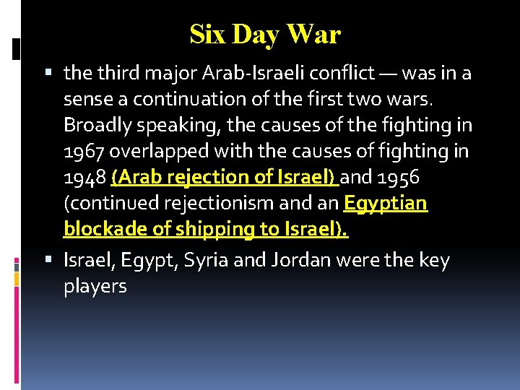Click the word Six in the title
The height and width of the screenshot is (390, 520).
coord(207,34)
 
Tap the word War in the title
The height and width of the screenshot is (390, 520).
coord(313,34)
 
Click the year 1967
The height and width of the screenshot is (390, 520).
coord(84,151)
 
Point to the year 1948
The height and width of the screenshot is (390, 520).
coord(84,177)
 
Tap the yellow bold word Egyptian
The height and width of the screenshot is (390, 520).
coord(386,203)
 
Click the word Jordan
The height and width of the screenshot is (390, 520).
coord(297,260)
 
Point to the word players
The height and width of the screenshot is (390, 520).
coord(95,286)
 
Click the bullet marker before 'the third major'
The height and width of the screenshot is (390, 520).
coord(49,74)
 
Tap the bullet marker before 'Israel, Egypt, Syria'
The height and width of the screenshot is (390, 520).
coord(49,261)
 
